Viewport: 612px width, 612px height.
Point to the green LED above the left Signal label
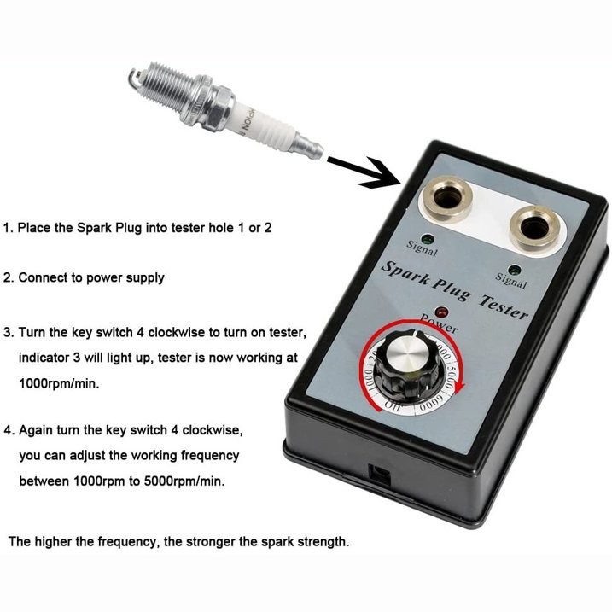tap(427, 240)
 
